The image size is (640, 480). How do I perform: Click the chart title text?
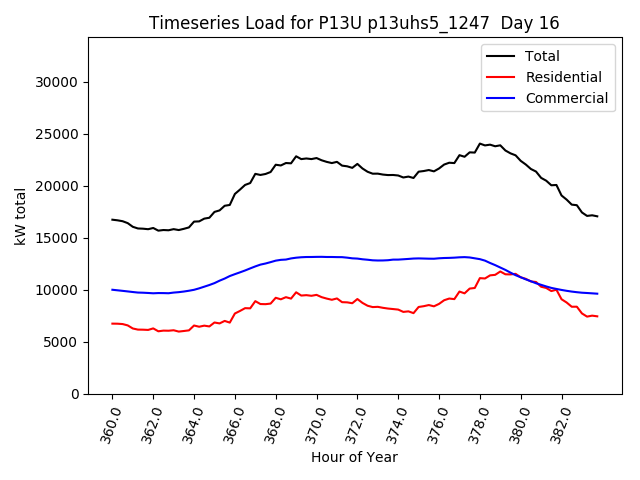pyautogui.click(x=354, y=23)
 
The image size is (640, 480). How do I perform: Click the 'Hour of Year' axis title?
pyautogui.click(x=354, y=457)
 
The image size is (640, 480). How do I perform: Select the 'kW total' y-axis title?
pyautogui.click(x=21, y=216)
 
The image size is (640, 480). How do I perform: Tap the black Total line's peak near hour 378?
pyautogui.click(x=480, y=144)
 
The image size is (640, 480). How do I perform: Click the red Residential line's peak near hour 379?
pyautogui.click(x=500, y=271)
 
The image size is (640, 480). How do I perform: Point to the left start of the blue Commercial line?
pyautogui.click(x=112, y=290)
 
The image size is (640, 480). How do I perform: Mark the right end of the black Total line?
pyautogui.click(x=597, y=216)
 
